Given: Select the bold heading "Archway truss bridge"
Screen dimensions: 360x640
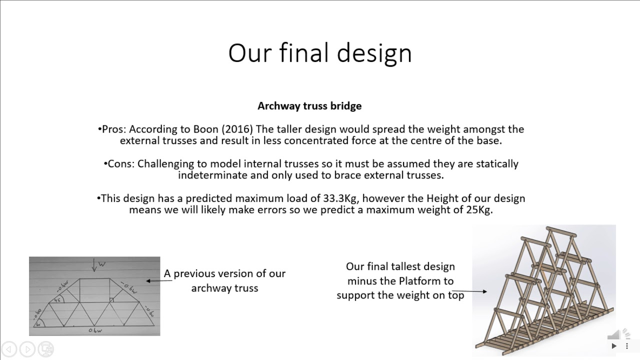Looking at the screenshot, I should coord(309,106).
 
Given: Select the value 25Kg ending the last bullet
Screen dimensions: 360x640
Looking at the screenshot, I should coord(478,210).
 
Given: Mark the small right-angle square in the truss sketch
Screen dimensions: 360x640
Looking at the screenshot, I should coord(112,300).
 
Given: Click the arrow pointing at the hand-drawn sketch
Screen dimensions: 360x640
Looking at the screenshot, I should coord(154,281).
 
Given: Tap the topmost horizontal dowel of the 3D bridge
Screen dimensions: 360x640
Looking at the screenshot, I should coord(559,231).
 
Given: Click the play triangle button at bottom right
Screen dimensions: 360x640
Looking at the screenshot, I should coord(614,345).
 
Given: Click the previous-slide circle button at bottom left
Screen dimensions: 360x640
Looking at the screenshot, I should coord(9,348).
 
